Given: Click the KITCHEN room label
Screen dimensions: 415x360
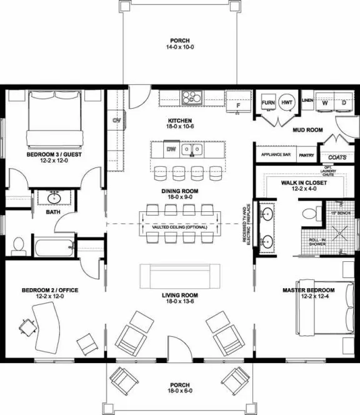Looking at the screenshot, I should [179, 120].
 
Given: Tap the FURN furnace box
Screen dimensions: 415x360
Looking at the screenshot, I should [268, 102].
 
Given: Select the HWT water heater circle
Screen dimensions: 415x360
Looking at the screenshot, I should [287, 102].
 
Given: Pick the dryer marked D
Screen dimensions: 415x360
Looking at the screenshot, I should [343, 103].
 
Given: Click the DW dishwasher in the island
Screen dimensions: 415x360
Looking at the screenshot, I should [171, 149].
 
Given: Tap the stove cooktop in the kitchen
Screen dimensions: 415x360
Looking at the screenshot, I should [192, 97].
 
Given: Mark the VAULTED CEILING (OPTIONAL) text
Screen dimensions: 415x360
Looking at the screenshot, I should [179, 227].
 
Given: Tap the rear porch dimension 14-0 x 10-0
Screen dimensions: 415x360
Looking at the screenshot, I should [179, 46].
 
